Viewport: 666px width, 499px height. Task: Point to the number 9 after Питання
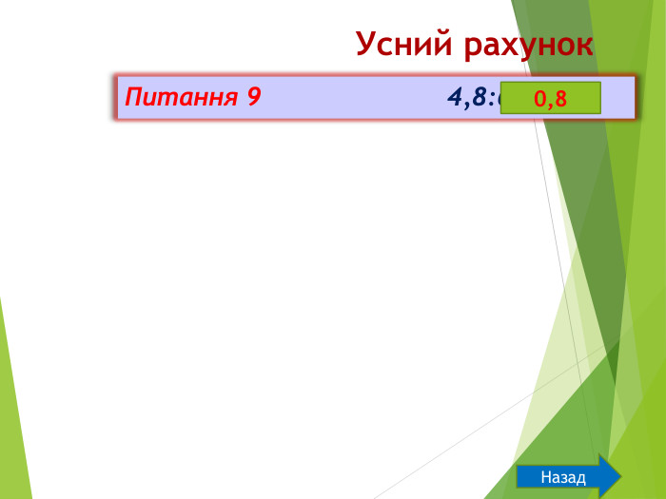[253, 97]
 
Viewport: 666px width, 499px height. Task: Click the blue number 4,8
[466, 97]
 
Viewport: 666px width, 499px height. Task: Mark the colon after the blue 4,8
[492, 98]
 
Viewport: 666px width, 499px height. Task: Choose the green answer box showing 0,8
[550, 98]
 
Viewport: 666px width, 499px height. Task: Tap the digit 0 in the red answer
[539, 98]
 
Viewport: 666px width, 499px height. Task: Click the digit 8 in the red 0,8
[559, 98]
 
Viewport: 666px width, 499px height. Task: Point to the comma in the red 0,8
[550, 104]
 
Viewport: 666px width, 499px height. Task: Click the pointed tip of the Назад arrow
[619, 477]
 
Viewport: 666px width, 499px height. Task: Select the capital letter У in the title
[366, 44]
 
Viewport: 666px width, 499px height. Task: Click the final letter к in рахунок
[584, 46]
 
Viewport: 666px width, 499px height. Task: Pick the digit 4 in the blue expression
[454, 97]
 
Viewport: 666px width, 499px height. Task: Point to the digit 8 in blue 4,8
[478, 97]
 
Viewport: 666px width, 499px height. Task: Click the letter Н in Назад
[545, 477]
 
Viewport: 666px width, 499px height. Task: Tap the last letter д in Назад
[580, 478]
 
